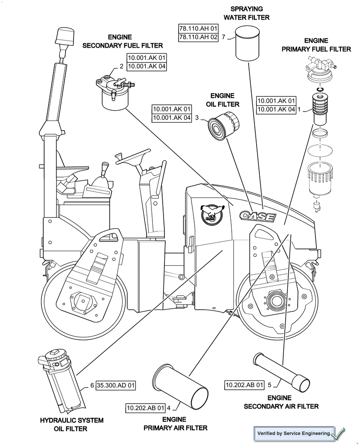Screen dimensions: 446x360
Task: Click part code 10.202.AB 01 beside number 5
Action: click(x=245, y=384)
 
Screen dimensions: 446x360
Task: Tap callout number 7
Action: click(x=223, y=37)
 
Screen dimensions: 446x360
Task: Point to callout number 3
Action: click(x=196, y=119)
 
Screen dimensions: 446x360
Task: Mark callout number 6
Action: click(x=92, y=385)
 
